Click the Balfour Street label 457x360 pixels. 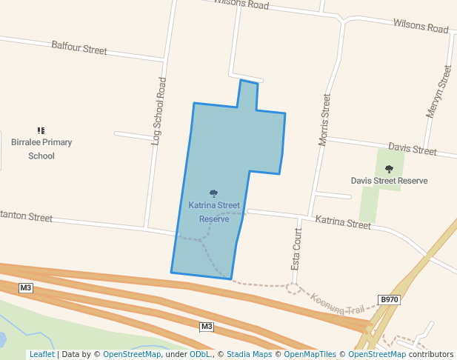click(79, 49)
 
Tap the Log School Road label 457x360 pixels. click(157, 110)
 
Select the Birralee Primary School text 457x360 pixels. click(41, 149)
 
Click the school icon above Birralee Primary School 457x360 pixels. click(41, 131)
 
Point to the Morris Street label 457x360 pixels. click(324, 120)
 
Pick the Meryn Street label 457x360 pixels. click(438, 92)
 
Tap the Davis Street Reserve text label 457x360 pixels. click(389, 181)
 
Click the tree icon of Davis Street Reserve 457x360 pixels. click(389, 169)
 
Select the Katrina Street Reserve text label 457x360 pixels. click(214, 212)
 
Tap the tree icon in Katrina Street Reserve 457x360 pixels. click(214, 194)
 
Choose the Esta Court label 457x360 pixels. click(298, 249)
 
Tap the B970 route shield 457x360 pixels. click(389, 299)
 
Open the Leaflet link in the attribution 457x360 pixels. click(41, 354)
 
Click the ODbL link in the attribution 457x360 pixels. click(201, 354)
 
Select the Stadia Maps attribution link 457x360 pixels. click(249, 354)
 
